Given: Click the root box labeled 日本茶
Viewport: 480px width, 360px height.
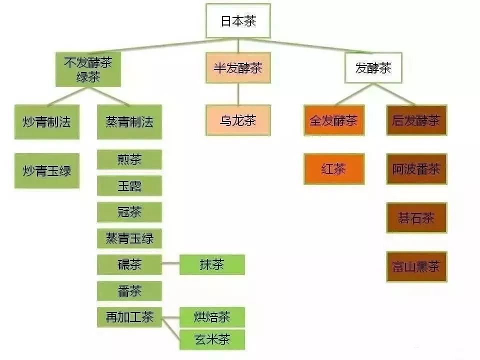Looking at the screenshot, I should click(x=238, y=22).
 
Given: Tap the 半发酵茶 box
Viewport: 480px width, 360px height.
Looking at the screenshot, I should click(x=238, y=68).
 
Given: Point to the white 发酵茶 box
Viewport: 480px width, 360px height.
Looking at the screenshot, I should click(x=373, y=68).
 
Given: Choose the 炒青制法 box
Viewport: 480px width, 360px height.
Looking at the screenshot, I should click(x=46, y=121).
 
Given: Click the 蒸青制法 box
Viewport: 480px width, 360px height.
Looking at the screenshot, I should click(x=129, y=121).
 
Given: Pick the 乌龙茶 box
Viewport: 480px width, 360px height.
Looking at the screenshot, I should click(x=238, y=120).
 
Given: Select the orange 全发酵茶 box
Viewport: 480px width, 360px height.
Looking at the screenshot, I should click(x=334, y=120).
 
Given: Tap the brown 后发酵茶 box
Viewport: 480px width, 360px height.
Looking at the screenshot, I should click(x=416, y=120).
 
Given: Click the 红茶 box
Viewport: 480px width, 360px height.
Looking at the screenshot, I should click(x=334, y=169).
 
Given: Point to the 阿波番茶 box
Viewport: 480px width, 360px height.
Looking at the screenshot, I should click(x=416, y=169).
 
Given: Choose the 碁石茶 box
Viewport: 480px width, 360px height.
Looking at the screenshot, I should click(x=416, y=218).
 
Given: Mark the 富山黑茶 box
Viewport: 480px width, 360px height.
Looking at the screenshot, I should click(x=416, y=267).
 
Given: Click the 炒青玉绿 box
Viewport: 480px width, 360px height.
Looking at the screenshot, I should click(x=46, y=171).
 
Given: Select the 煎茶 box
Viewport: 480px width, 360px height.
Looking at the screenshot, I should click(x=129, y=159).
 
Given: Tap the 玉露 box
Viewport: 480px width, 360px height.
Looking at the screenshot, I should click(x=129, y=186).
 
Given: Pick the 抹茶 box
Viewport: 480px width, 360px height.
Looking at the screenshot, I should click(x=212, y=264).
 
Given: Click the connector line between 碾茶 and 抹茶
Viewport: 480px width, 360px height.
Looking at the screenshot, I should click(x=170, y=264).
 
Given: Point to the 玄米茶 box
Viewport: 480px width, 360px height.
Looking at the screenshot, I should click(x=212, y=340).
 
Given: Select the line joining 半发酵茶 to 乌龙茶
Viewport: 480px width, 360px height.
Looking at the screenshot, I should click(x=238, y=94).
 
